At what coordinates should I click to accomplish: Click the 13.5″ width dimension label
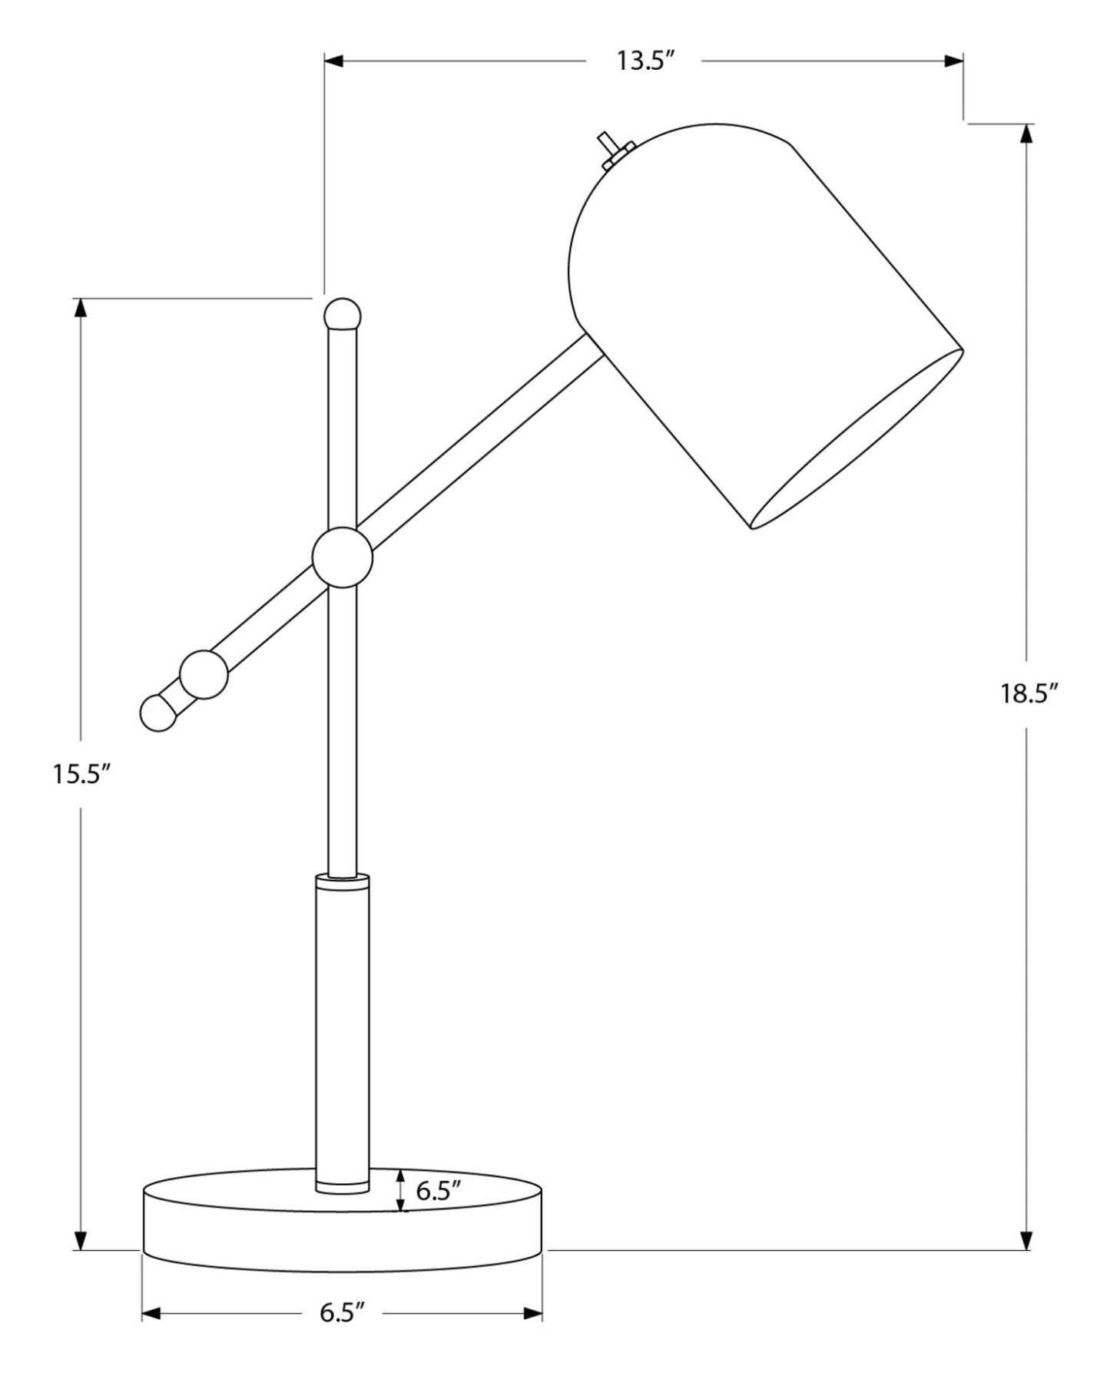point(644,61)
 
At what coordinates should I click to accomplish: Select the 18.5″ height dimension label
point(1029,693)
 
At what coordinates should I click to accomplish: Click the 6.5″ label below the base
point(341,1312)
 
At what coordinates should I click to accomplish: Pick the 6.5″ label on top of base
point(438,1190)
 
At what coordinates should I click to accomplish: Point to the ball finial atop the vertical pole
point(342,314)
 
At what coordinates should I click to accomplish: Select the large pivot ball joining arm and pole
point(342,557)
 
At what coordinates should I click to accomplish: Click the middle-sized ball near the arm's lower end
point(204,674)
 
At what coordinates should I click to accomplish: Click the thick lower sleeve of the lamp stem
point(342,1029)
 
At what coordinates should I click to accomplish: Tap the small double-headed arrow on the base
point(400,1191)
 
